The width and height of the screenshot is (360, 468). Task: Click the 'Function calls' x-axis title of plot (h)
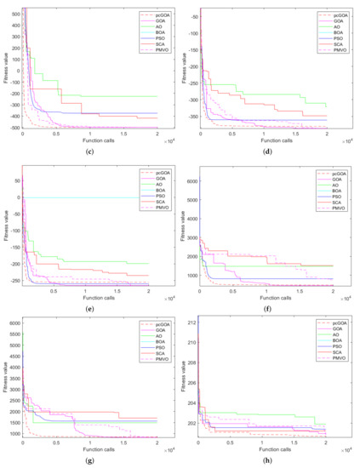coord(266,448)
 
